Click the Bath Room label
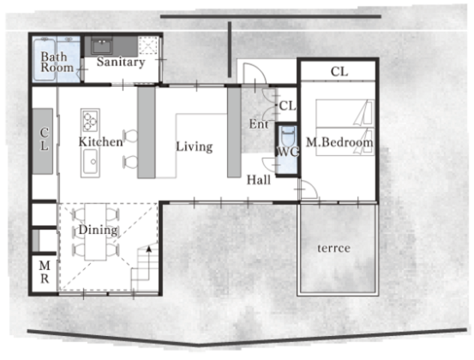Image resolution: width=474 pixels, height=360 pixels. [x=57, y=62]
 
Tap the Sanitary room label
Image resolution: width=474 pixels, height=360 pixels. [x=121, y=62]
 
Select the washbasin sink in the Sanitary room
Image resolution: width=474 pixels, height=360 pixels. [x=101, y=46]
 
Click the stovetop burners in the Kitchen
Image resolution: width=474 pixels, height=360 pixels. [x=90, y=121]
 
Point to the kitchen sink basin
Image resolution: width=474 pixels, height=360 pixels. [x=90, y=161]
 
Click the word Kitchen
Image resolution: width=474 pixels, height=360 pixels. [x=100, y=142]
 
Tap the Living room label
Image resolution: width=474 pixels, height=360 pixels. [x=194, y=147]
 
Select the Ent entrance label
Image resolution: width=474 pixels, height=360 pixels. [x=259, y=124]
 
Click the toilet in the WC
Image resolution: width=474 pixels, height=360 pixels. [x=287, y=136]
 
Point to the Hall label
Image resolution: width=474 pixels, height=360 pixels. [x=259, y=180]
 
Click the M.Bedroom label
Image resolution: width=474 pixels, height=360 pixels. [x=339, y=142]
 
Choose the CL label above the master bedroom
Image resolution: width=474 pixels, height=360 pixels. [x=339, y=72]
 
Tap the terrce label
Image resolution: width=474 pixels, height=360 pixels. [x=334, y=248]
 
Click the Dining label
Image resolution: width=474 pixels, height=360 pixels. [x=98, y=229]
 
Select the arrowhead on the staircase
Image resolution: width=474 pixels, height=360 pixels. [x=148, y=249]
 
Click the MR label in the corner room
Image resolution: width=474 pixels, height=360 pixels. [x=44, y=272]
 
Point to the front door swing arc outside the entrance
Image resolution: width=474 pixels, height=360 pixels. [x=259, y=68]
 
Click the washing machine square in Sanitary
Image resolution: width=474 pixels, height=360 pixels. [x=148, y=45]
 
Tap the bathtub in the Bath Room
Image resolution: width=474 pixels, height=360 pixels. [x=44, y=59]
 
